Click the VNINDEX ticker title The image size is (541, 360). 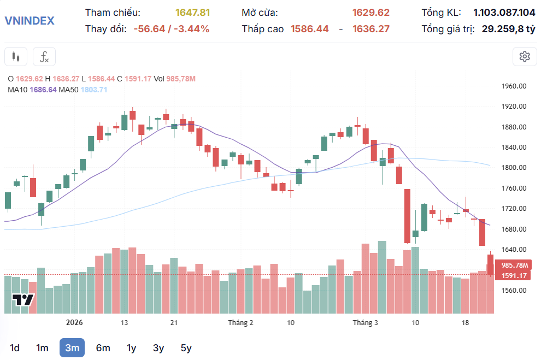(30, 21)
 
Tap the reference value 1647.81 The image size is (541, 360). (192, 13)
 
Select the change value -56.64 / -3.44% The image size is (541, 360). (171, 29)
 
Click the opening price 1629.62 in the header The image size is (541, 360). (371, 13)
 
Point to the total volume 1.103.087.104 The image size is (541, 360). (504, 13)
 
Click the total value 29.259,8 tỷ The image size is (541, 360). (508, 29)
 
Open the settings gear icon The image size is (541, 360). (525, 56)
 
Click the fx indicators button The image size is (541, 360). (44, 56)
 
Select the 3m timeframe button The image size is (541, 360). (72, 348)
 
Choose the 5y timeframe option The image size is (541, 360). (186, 348)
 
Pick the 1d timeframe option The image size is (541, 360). (15, 348)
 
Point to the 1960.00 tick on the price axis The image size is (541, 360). (514, 86)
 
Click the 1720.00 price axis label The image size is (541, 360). (514, 209)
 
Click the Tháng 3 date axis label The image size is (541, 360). (365, 323)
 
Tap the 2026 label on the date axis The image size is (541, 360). (74, 323)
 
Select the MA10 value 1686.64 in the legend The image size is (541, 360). (43, 90)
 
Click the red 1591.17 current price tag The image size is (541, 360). (512, 276)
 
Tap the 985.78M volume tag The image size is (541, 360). (512, 265)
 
